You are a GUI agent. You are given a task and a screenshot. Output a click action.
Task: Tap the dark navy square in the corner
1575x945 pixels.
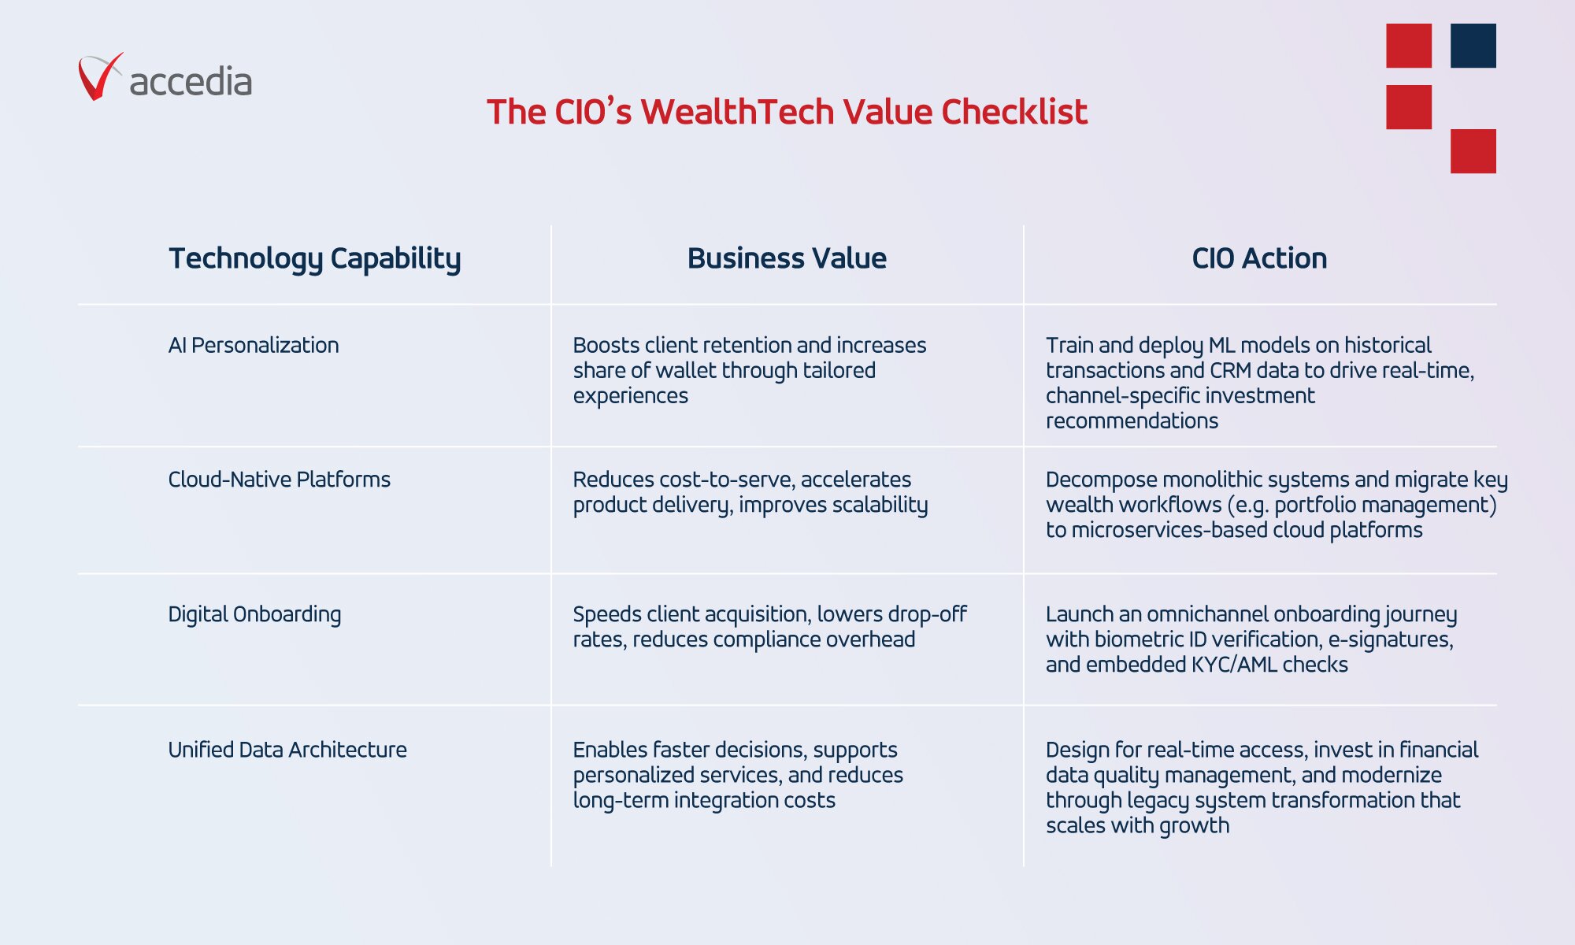tap(1473, 46)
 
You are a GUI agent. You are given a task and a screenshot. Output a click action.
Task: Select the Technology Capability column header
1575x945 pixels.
tap(315, 259)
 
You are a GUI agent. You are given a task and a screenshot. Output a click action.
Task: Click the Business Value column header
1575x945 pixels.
tap(787, 258)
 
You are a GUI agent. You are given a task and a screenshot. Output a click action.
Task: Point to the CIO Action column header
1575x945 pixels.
tap(1259, 258)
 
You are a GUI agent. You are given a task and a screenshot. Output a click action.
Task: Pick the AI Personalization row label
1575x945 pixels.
tap(254, 346)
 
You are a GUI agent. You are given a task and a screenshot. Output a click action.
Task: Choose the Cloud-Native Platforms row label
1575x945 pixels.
tap(280, 480)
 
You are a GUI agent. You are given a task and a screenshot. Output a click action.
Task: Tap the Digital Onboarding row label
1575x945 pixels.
tap(254, 615)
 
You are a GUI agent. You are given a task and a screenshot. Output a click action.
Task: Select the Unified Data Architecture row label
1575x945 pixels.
tap(287, 750)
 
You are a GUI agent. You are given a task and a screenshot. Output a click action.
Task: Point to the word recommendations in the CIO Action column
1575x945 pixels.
tap(1132, 421)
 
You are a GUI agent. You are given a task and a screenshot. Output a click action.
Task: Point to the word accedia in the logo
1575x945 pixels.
tap(191, 81)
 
